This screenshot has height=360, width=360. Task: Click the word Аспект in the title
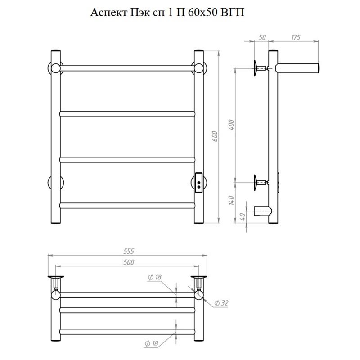[x=109, y=13]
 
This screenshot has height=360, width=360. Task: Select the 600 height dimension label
[x=215, y=136]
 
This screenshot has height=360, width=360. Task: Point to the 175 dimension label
[x=296, y=37]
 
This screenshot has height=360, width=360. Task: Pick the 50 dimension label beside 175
[x=262, y=37]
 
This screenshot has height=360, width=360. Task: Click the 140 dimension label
[x=231, y=200]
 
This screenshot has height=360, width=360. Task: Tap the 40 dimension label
[x=242, y=216]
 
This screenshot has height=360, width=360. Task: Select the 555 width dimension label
[x=129, y=251]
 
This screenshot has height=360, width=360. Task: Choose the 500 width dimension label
[x=129, y=262]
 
